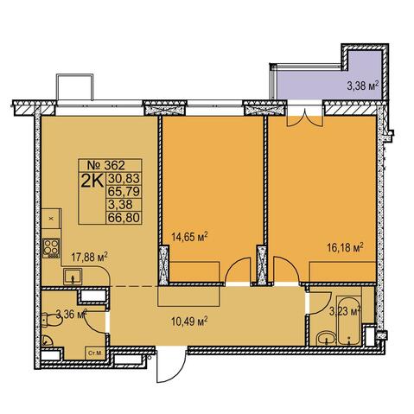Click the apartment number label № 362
click(106, 165)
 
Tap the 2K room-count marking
click(92, 181)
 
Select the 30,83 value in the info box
click(124, 178)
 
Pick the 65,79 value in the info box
click(124, 191)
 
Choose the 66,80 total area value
click(124, 217)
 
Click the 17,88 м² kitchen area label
click(89, 257)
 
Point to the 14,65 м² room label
click(189, 237)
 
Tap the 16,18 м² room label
click(345, 247)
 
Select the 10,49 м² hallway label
click(189, 321)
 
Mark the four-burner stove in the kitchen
click(51, 248)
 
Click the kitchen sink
click(73, 277)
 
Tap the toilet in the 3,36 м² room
click(50, 320)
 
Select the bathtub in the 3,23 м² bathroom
click(348, 321)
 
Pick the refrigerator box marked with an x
click(51, 219)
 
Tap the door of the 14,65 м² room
click(238, 271)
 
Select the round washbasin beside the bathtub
click(327, 338)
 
